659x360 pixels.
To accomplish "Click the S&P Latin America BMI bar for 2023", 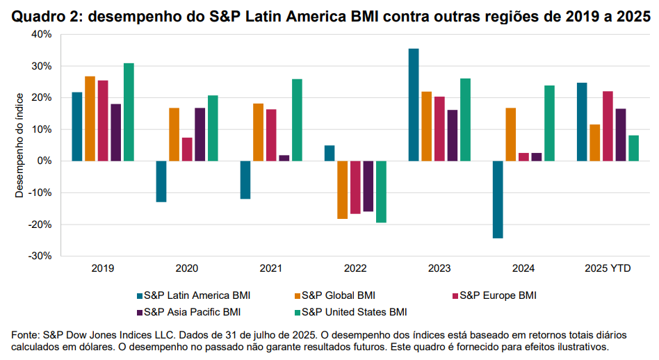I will click(x=414, y=105).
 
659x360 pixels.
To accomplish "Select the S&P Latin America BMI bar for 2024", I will click(x=498, y=199).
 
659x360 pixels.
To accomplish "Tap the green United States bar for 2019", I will click(x=129, y=112).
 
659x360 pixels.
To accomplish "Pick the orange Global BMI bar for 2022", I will click(x=342, y=190).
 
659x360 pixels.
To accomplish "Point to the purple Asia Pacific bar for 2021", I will click(x=284, y=158).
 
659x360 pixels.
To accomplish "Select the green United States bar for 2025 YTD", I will click(x=633, y=148).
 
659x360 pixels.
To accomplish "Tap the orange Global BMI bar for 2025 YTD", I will click(x=594, y=142).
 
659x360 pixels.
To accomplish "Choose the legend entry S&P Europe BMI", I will click(x=498, y=295).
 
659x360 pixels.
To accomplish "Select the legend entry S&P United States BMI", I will click(x=354, y=311).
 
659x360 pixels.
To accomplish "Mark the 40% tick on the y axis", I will click(x=42, y=34).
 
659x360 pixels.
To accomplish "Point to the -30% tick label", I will click(x=40, y=256).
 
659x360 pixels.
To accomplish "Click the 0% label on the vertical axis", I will click(x=45, y=161).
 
